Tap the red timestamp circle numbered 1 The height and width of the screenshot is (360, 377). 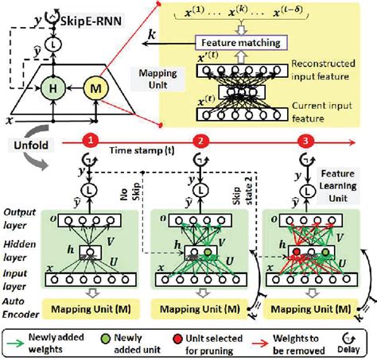pyautogui.click(x=93, y=140)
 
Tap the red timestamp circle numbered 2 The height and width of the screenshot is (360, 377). pyautogui.click(x=204, y=140)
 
